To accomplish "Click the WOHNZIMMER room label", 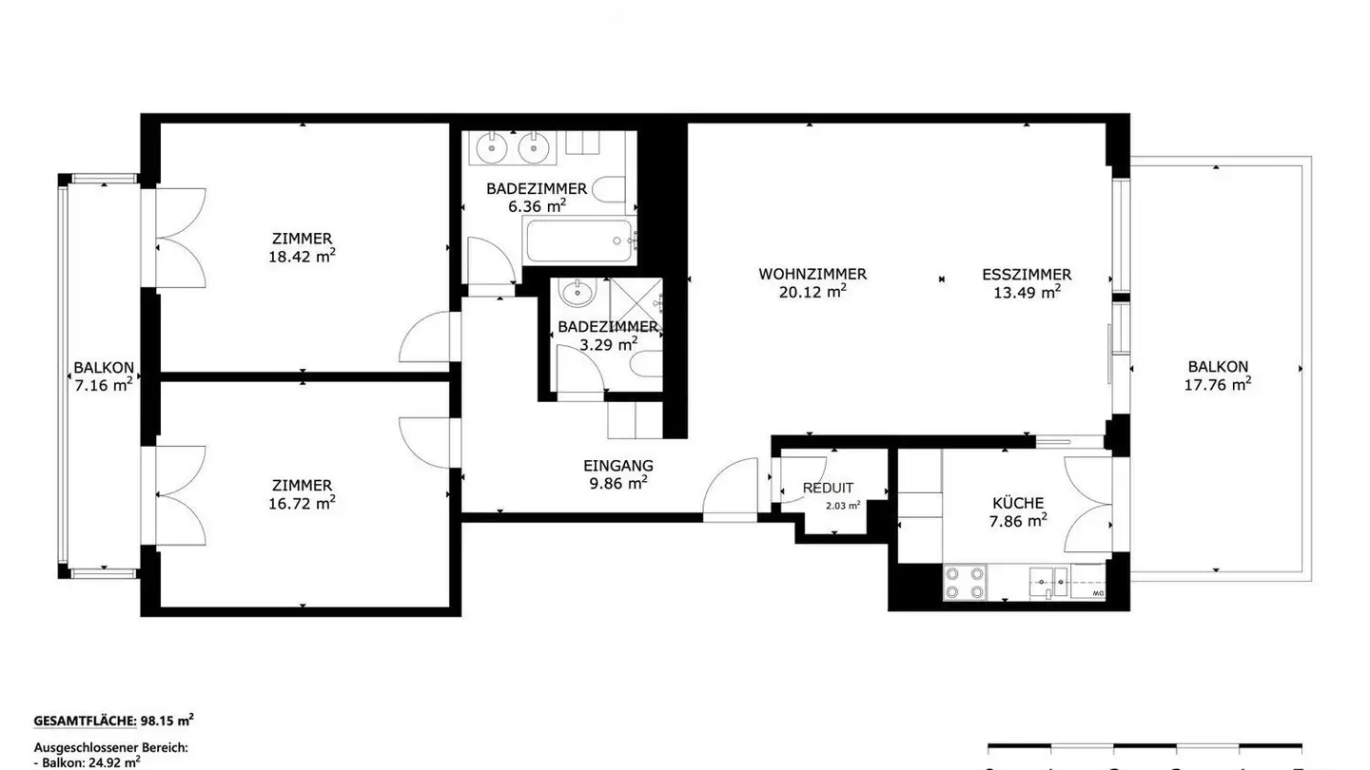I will tap(812, 274).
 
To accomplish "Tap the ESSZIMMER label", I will tap(1027, 274).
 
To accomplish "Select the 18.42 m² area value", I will tap(301, 256).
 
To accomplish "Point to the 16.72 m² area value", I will tap(301, 503).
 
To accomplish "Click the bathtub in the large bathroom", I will tap(577, 242).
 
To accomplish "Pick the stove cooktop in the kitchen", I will tap(964, 582).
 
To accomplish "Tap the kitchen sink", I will tap(1050, 579).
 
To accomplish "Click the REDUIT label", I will tap(828, 488).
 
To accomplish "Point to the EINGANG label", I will tap(617, 466).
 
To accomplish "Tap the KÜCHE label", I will tap(1017, 503).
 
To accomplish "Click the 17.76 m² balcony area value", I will tap(1217, 385).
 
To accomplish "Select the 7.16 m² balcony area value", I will tap(103, 385).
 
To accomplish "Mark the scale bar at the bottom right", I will tap(1144, 747).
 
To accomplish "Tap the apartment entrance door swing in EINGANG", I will tap(730, 490).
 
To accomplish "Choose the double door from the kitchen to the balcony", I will tap(1089, 504).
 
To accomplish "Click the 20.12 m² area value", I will tap(812, 293).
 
